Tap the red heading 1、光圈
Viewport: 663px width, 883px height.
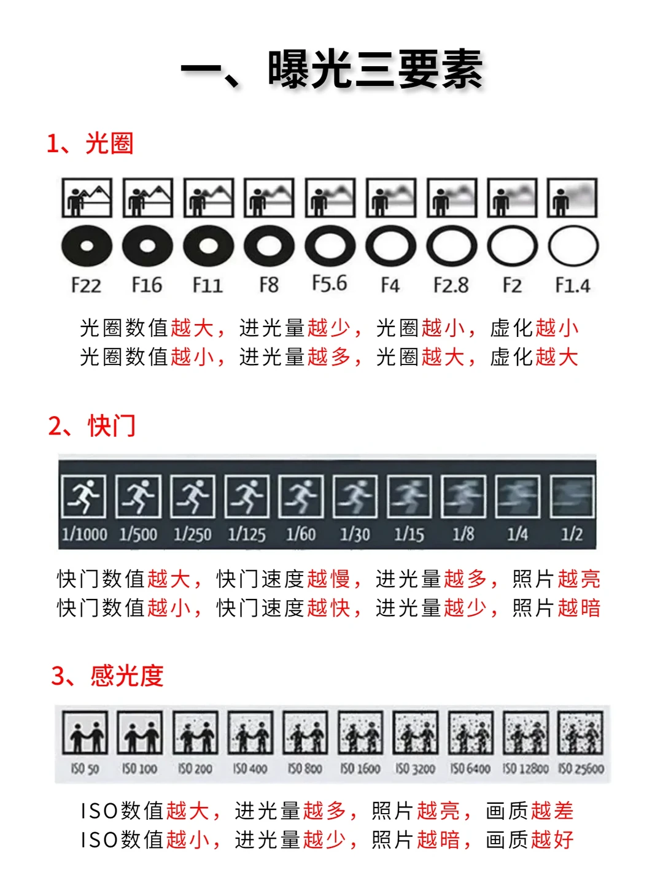tap(90, 143)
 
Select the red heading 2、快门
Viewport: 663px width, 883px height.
tap(91, 426)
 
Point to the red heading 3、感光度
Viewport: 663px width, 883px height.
tap(107, 676)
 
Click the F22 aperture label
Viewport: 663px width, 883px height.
tap(86, 285)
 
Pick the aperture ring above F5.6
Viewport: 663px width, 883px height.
tap(330, 246)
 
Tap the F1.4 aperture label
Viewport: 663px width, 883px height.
tap(573, 285)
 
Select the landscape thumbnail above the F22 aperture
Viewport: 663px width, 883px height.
tap(87, 198)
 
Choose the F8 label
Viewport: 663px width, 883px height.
tap(269, 285)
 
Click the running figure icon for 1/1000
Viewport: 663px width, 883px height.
tap(84, 496)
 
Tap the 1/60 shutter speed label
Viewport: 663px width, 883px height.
tap(301, 534)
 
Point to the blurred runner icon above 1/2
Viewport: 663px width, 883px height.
tap(572, 496)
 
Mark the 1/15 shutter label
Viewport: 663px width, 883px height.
tap(409, 534)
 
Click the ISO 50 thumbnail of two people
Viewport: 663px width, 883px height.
tap(85, 732)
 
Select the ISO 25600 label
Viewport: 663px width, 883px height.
tap(581, 769)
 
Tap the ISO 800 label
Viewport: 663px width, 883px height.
tap(304, 769)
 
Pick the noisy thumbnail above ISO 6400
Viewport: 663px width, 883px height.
tap(471, 732)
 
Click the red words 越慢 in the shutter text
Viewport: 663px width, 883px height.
tap(328, 579)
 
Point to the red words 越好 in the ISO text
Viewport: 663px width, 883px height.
tap(552, 839)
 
